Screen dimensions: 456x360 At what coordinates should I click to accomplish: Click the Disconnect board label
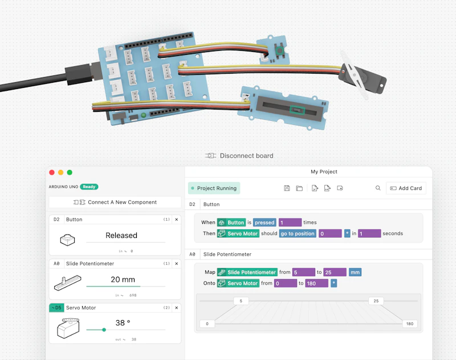(x=246, y=156)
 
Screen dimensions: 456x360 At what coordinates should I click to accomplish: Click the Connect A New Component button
(x=115, y=203)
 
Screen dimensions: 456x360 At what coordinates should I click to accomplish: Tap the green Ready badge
(x=89, y=187)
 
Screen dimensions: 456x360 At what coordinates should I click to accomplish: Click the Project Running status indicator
(x=214, y=188)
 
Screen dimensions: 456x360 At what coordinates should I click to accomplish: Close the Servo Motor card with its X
(x=177, y=308)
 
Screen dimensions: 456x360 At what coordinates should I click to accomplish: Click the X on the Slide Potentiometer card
(x=177, y=264)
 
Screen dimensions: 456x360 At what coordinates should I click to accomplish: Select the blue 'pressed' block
(x=264, y=223)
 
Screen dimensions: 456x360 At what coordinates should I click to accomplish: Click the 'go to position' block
(x=298, y=233)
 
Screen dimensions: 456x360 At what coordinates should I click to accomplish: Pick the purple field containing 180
(x=317, y=283)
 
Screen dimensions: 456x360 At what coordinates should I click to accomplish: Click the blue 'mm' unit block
(x=355, y=272)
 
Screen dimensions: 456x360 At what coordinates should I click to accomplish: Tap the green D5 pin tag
(x=56, y=308)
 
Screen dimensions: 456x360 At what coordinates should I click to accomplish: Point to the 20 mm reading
(x=123, y=280)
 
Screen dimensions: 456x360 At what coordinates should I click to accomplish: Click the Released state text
(x=121, y=235)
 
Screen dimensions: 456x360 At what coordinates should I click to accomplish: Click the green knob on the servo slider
(x=104, y=330)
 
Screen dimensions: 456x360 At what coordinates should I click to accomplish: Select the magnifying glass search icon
(x=378, y=188)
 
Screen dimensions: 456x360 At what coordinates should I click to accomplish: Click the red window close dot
(x=52, y=172)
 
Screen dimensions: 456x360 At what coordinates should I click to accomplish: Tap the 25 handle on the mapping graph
(x=376, y=301)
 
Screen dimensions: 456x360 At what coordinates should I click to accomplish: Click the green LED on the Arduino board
(x=143, y=115)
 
